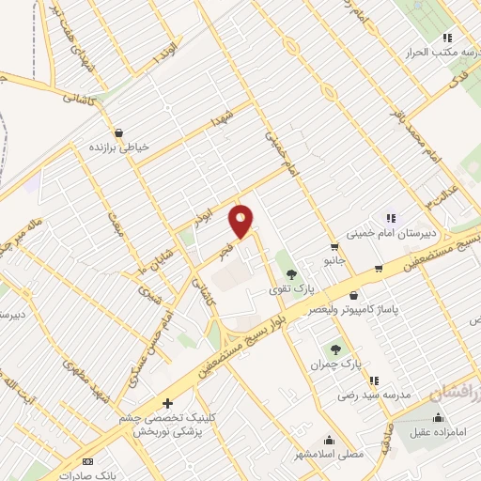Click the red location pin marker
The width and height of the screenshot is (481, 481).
pyautogui.click(x=241, y=222)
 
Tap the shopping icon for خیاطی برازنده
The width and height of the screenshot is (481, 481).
pyautogui.click(x=118, y=133)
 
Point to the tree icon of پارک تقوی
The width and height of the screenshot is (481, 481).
pyautogui.click(x=292, y=273)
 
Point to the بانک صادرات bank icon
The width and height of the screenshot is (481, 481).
pyautogui.click(x=89, y=460)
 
